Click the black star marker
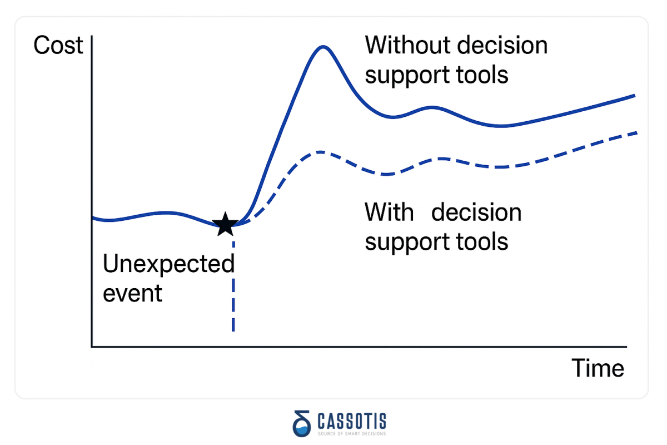coord(225,224)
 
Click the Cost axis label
coord(58,45)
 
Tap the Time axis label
coord(598,368)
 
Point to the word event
coord(132,294)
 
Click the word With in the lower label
coord(389,212)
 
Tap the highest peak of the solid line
coord(323,47)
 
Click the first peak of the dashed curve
coord(320,152)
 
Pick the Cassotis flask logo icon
coord(302,423)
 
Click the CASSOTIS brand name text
coord(352,421)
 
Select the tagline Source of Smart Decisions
coord(352,434)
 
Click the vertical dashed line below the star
coord(233,286)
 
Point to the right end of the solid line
coord(635,96)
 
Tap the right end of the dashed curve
coord(636,133)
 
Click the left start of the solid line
coord(93,218)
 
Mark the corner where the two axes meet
coord(92,347)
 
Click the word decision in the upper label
coord(502,45)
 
